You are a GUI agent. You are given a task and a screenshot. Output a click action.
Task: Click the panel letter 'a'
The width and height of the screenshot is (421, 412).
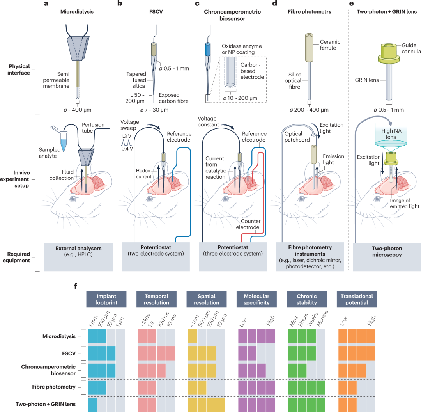point(46,4)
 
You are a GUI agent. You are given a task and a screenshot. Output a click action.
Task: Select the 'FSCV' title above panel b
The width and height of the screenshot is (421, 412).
point(156,12)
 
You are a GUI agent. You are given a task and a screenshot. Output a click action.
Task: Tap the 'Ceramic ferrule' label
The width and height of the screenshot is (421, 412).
point(330,45)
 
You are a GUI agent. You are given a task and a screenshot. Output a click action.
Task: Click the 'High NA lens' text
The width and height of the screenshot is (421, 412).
point(391,134)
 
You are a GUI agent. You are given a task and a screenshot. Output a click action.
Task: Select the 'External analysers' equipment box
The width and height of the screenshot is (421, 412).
point(78,257)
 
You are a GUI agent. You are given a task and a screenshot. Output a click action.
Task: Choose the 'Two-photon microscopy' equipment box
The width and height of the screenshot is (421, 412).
point(387,257)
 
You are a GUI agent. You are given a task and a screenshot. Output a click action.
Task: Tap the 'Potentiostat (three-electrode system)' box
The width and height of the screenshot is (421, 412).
point(233,256)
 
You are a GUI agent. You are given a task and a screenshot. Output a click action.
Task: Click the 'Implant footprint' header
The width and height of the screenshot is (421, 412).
point(106,299)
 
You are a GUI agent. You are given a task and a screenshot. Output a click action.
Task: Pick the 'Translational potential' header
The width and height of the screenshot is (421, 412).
point(357,299)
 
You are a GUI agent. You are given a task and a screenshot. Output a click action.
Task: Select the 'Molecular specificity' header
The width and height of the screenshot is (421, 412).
point(256,299)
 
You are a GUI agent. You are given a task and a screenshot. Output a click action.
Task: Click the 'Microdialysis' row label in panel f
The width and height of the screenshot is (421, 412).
point(59,336)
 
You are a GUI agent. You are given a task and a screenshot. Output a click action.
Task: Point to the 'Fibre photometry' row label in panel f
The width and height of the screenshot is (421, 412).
point(54,387)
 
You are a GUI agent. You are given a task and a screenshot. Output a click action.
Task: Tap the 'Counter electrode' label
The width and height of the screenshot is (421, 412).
point(248,224)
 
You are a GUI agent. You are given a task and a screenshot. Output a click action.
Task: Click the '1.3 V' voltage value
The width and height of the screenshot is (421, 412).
point(126,136)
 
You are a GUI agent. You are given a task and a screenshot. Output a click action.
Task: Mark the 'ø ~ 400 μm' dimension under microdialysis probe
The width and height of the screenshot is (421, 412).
point(78,110)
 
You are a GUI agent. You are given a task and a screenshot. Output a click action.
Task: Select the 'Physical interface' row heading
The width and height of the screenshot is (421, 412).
point(19,69)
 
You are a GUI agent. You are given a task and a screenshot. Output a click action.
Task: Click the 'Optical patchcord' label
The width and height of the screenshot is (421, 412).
point(297,137)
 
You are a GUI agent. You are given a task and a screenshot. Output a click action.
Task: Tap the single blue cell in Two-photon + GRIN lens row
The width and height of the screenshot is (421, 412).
point(92,405)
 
